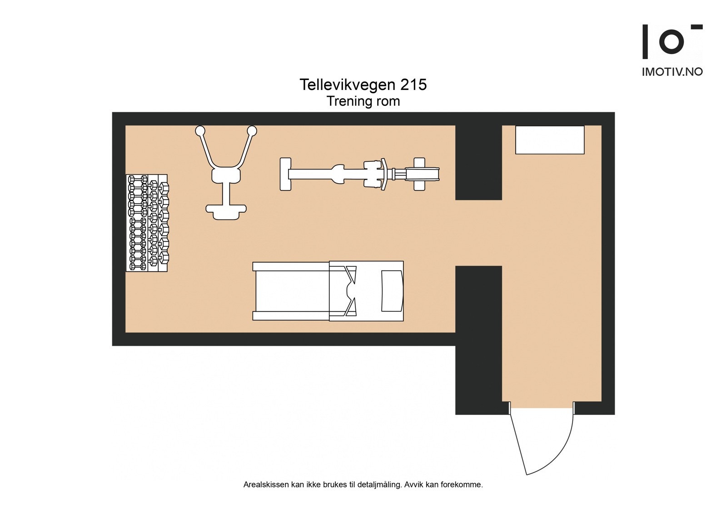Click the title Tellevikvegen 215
coord(363,85)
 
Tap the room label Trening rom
coord(363,101)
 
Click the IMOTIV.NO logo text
coord(672,72)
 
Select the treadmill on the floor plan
coord(328,291)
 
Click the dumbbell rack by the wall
coord(146,223)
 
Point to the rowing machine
coord(359,174)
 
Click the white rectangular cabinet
coord(549,140)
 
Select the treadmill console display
coord(392,291)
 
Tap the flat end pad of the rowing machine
coord(285,174)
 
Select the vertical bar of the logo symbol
coord(645,42)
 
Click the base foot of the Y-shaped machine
coord(226,210)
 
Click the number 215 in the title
coord(413,85)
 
